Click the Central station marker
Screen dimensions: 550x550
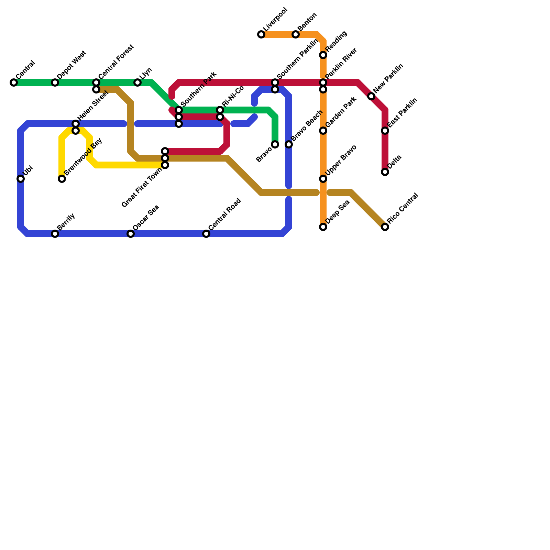point(14,82)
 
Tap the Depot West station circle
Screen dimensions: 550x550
point(55,82)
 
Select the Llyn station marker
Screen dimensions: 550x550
point(137,82)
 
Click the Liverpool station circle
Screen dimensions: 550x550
point(261,34)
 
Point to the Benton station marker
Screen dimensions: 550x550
point(296,34)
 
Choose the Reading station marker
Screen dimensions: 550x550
point(323,55)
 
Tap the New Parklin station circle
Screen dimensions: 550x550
point(371,96)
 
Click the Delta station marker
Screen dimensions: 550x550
point(385,172)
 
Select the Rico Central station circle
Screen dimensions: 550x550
point(385,227)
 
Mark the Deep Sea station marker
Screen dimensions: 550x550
point(323,227)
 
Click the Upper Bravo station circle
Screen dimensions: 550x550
point(323,179)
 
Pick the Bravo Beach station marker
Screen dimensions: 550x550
point(289,144)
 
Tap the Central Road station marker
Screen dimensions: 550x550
point(206,234)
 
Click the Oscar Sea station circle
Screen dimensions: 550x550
point(131,234)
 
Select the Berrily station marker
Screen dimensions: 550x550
point(55,234)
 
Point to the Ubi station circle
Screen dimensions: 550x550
point(21,179)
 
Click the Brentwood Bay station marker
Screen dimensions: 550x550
point(62,179)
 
